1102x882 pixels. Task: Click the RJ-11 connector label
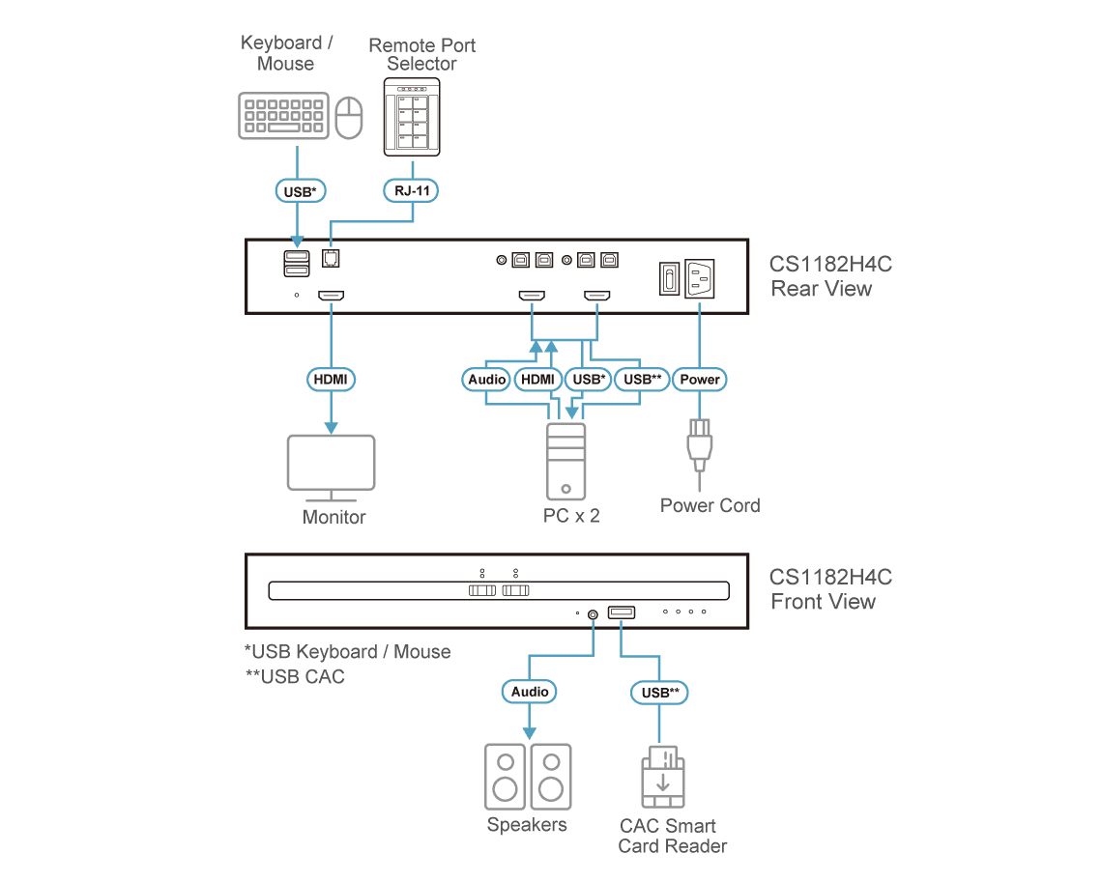[411, 191]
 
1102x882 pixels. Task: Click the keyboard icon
[284, 116]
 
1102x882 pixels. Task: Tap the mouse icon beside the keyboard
[349, 117]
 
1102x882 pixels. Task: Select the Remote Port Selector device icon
[412, 117]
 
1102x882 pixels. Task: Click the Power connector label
[699, 380]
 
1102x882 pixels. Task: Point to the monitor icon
[331, 468]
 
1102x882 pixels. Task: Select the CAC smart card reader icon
[663, 777]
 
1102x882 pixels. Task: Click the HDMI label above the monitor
[331, 380]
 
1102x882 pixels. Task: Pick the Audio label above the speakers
[529, 692]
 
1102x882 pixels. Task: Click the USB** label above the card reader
[660, 693]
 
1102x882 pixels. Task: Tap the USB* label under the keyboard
[300, 191]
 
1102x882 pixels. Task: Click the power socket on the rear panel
[699, 278]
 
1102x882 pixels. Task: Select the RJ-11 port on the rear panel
[331, 259]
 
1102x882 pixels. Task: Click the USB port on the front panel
[622, 612]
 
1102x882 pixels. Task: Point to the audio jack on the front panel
[594, 614]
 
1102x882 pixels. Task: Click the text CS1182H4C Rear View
[830, 276]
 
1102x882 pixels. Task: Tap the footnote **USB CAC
[295, 676]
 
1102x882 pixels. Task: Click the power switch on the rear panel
[669, 278]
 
